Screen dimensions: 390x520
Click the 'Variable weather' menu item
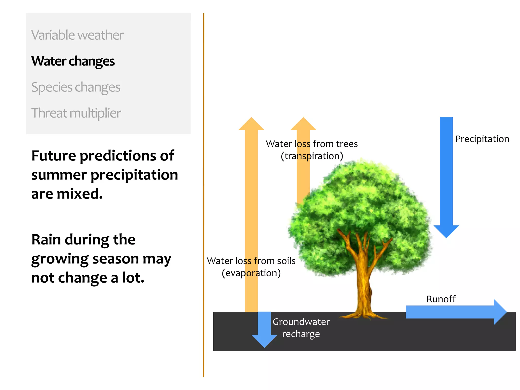[x=77, y=35]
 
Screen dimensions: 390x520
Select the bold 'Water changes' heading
[x=73, y=61]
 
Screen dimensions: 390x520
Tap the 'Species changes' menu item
[x=76, y=87]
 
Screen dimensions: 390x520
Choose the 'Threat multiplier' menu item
[x=76, y=113]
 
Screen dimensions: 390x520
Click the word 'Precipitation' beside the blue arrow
[x=482, y=139]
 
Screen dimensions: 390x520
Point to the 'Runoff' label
[x=441, y=299]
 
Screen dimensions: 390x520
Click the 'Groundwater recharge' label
[x=301, y=328]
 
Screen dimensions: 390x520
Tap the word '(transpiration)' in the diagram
[x=312, y=156]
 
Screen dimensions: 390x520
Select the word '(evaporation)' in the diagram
[x=251, y=273]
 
